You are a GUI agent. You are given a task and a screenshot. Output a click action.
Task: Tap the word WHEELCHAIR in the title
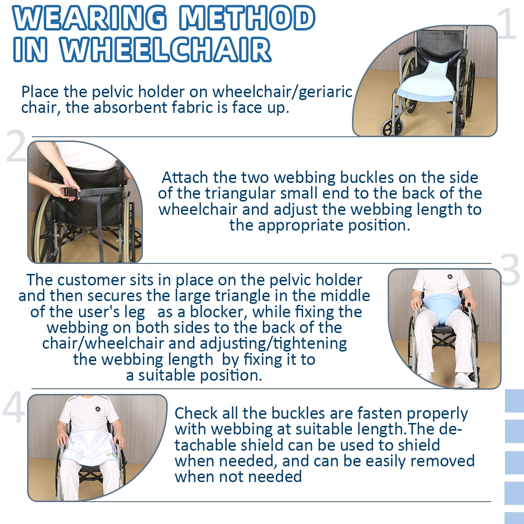(x=166, y=50)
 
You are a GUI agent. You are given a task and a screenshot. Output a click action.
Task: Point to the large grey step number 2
(x=16, y=146)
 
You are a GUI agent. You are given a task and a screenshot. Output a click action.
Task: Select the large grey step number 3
(x=510, y=270)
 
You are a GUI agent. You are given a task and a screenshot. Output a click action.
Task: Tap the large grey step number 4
(x=14, y=408)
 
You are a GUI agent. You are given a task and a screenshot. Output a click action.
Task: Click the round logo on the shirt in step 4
(x=98, y=409)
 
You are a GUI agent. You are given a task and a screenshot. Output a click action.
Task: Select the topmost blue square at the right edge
(x=514, y=401)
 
